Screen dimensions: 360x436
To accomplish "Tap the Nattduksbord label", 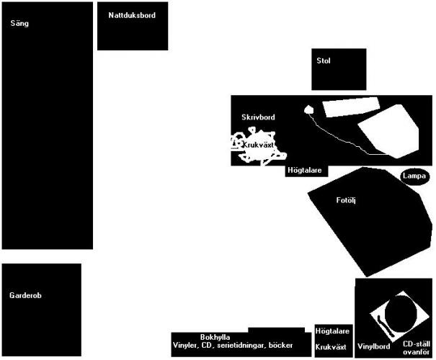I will point(132,14).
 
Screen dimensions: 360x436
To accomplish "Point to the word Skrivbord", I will point(258,117).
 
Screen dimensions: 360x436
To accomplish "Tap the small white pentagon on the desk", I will point(309,110).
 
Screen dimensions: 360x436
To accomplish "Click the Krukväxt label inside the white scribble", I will point(257,145).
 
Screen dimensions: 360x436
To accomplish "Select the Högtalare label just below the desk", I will point(306,171).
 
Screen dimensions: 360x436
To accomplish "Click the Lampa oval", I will point(414,176).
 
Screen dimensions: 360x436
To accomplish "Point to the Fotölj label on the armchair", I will point(347,200).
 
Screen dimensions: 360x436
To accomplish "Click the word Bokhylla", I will point(215,337).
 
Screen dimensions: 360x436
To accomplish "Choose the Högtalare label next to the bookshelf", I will point(333,331).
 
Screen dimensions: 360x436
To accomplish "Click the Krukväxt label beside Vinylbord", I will point(332,346).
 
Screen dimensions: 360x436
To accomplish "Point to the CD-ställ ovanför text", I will point(416,348).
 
